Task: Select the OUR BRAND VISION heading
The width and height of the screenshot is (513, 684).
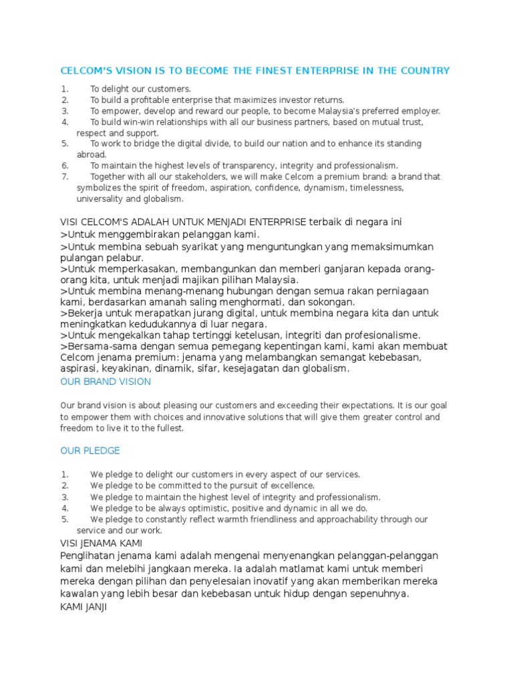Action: point(106,381)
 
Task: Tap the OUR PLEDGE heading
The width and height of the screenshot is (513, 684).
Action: point(90,451)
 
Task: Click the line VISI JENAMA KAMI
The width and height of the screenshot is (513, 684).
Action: point(101,543)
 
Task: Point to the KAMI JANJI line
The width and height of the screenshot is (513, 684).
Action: point(83,609)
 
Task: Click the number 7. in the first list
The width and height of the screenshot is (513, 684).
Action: point(65,177)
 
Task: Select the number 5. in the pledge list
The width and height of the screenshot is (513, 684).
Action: point(65,519)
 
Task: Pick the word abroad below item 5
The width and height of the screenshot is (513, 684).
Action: point(91,154)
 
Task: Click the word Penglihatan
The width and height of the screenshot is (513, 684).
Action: point(90,556)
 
